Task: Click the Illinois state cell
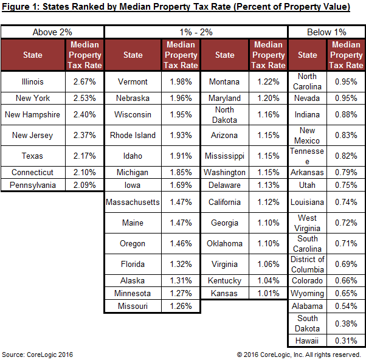point(33,81)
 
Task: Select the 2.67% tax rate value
point(84,81)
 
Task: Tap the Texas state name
point(33,156)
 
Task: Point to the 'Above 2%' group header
point(53,32)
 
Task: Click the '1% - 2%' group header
point(196,32)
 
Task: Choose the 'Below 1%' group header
point(327,32)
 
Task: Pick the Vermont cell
point(133,81)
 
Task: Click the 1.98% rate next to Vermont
point(181,81)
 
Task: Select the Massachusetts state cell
point(133,202)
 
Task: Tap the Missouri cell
point(133,306)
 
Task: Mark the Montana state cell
point(224,81)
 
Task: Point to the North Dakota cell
point(224,114)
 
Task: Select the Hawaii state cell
point(308,341)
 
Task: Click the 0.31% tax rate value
point(346,341)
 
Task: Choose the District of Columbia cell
point(308,264)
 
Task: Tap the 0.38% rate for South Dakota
point(346,323)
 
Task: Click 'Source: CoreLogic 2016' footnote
point(37,354)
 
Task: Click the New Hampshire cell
point(33,114)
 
